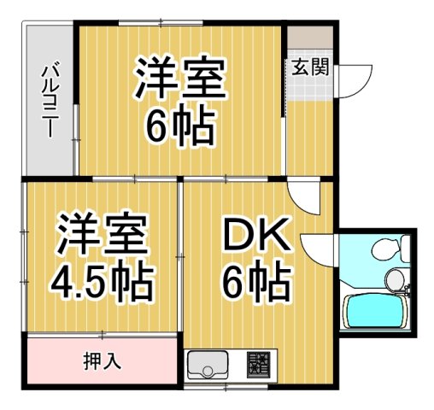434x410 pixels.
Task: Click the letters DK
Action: point(256,235)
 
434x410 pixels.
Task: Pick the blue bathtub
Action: point(373,311)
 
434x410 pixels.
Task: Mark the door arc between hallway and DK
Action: point(302,197)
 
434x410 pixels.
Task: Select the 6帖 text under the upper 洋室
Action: point(179,127)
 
